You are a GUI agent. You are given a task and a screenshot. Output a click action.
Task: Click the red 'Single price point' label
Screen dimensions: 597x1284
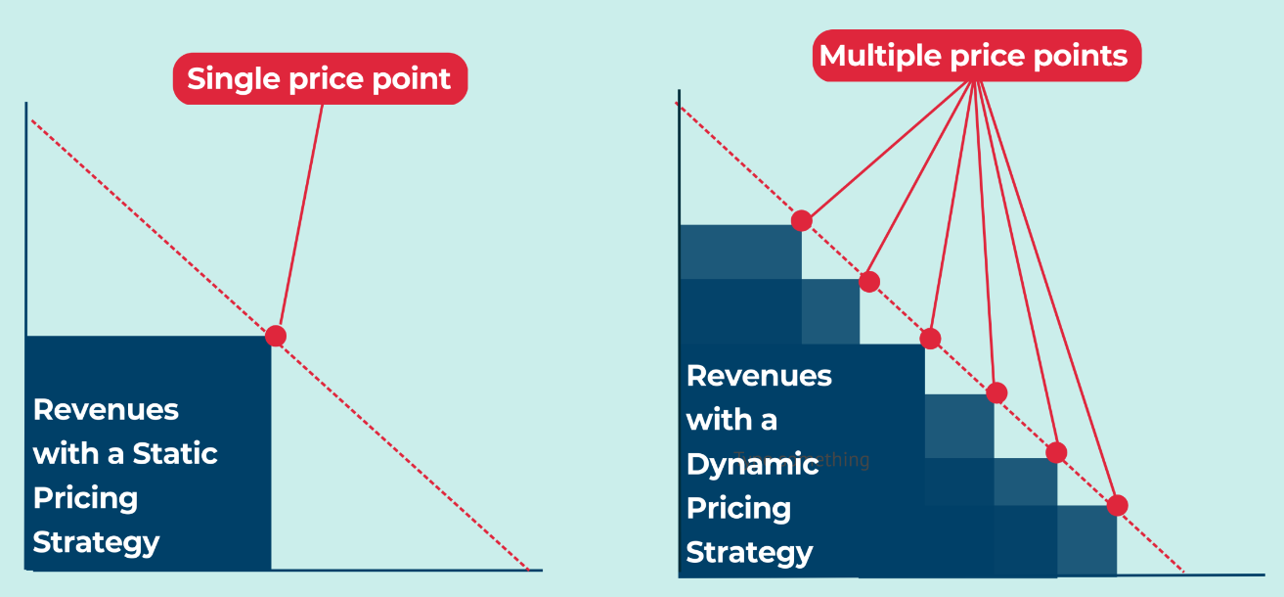(320, 78)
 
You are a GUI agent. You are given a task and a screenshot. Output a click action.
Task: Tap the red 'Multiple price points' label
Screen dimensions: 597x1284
(976, 56)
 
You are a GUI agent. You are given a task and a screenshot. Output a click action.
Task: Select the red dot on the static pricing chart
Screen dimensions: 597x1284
(276, 336)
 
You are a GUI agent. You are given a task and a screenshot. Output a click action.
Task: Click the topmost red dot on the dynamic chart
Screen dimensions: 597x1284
(802, 220)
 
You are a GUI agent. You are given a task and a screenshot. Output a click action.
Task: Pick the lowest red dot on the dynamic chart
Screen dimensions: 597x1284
(1117, 505)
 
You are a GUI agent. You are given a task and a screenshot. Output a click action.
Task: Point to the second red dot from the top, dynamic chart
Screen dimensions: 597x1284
(868, 282)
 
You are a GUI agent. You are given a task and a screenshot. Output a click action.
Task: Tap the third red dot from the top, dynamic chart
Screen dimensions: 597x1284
(930, 339)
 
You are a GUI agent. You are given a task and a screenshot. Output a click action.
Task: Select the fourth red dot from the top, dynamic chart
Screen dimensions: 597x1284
(996, 392)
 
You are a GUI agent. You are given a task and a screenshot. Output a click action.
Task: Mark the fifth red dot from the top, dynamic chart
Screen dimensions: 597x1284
(1056, 452)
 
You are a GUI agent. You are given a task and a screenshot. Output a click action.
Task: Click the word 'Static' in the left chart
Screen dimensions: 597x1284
(175, 454)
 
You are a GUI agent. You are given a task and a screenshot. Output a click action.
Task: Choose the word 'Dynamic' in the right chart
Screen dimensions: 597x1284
(752, 464)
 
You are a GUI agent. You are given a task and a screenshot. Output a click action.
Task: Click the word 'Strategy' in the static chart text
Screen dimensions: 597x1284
(96, 542)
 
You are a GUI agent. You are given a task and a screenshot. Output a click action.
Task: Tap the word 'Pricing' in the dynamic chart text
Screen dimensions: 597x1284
(738, 508)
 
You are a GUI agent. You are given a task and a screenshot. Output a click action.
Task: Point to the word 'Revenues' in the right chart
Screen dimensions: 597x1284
(759, 376)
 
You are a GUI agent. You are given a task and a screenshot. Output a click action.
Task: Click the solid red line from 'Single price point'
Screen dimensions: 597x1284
(300, 215)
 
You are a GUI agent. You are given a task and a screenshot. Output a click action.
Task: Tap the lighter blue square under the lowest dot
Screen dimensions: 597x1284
(1086, 540)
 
